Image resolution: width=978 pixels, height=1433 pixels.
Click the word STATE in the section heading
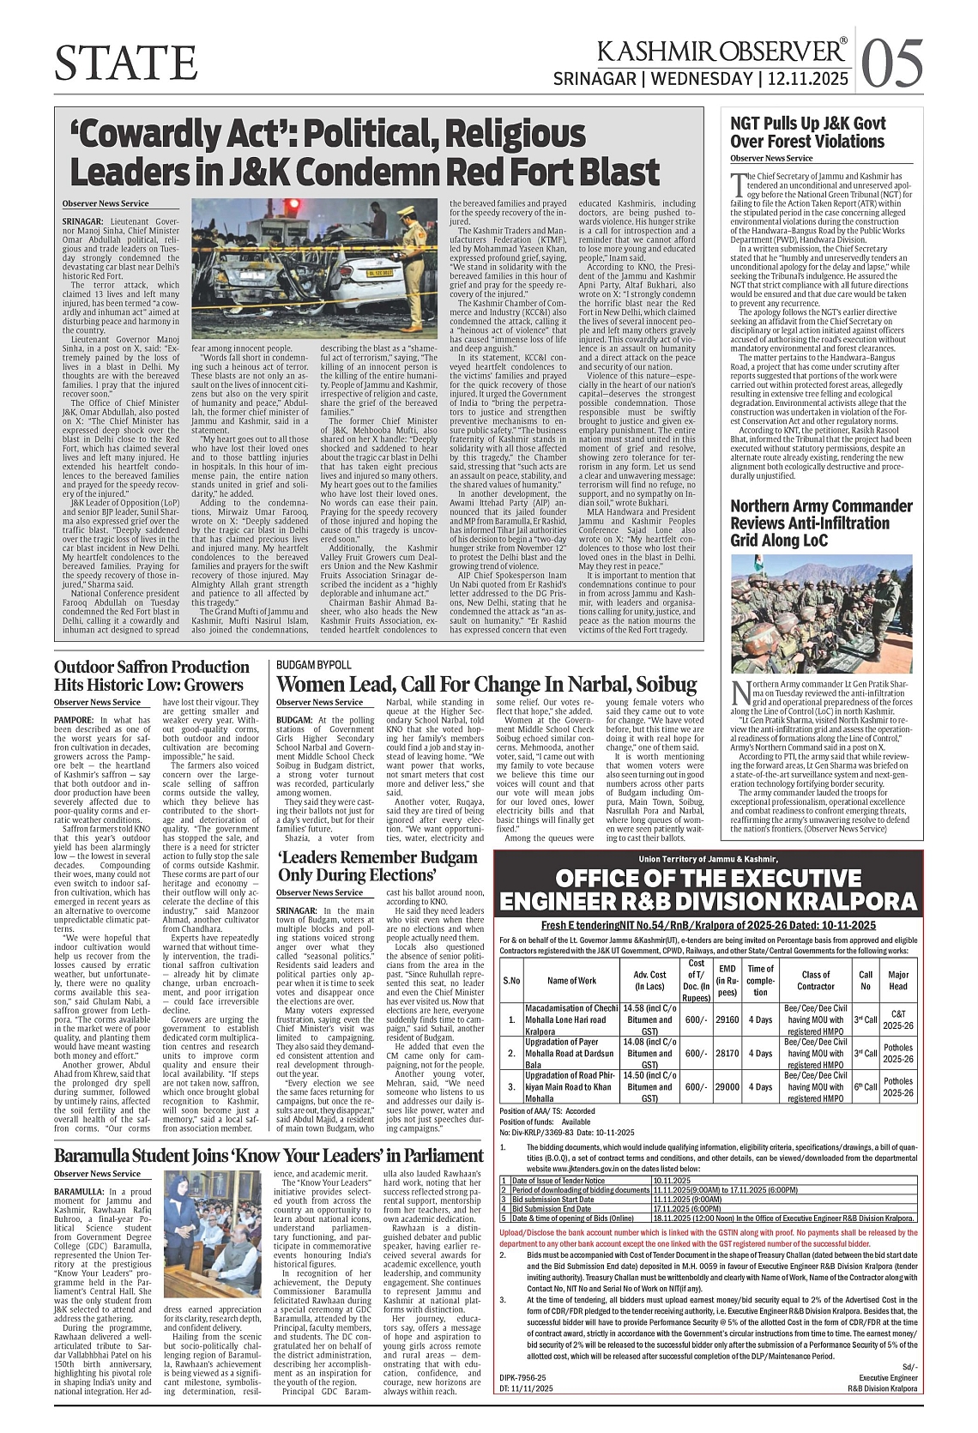pyautogui.click(x=125, y=63)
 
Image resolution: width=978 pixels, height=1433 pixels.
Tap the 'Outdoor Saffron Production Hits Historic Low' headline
pyautogui.click(x=152, y=675)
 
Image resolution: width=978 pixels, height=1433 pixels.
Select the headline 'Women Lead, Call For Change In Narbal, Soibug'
pyautogui.click(x=486, y=684)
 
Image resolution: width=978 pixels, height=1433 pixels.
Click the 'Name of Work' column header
pyautogui.click(x=571, y=980)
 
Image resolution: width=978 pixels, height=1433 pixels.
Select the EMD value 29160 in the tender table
pyautogui.click(x=727, y=1019)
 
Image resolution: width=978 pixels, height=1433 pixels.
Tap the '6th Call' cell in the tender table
pyautogui.click(x=866, y=1085)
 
